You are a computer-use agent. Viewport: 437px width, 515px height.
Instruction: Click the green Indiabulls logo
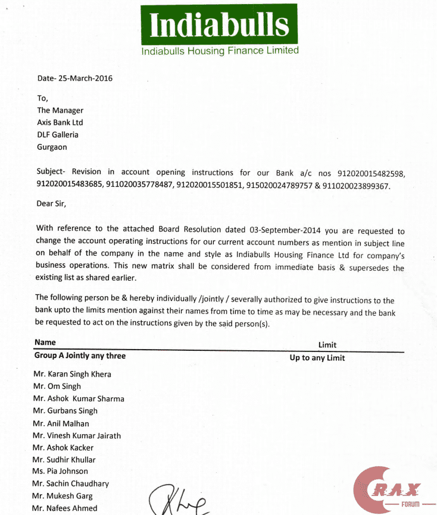(x=220, y=25)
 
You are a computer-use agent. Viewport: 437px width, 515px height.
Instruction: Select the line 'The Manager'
(x=60, y=110)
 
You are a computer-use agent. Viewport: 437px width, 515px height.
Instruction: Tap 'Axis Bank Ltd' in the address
(x=60, y=123)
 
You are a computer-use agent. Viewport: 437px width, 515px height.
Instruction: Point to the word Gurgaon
(x=52, y=147)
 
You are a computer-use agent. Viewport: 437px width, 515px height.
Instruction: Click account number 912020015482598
(x=371, y=174)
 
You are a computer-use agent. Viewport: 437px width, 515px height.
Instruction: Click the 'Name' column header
(x=45, y=343)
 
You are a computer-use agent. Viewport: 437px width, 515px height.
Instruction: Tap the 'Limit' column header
(x=327, y=345)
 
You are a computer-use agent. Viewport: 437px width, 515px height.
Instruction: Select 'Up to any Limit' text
(x=317, y=358)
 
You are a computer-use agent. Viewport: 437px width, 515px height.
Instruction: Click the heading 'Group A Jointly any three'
(x=80, y=356)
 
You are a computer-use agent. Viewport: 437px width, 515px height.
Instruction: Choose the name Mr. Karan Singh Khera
(x=72, y=374)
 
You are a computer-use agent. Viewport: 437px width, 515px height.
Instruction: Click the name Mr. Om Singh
(x=57, y=387)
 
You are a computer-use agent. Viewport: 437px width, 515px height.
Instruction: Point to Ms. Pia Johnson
(x=60, y=472)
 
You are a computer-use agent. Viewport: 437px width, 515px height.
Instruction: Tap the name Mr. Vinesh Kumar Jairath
(x=76, y=435)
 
